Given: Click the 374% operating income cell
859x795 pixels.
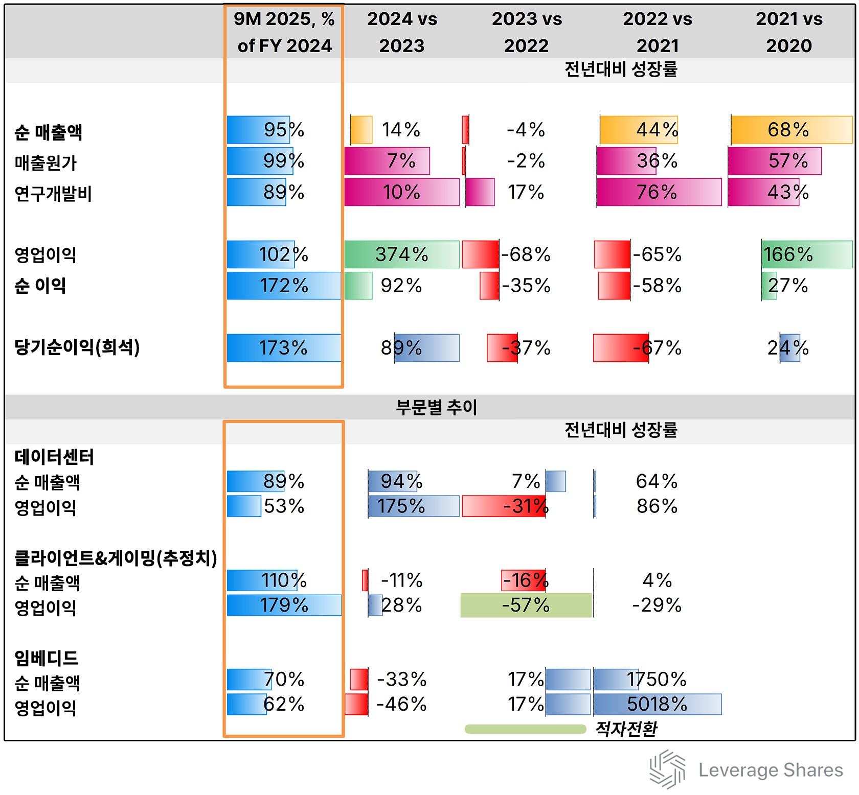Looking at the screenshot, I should pos(402,254).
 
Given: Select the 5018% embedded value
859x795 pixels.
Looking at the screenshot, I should pos(657,704).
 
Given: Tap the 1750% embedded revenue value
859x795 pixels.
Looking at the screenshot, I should pos(657,680).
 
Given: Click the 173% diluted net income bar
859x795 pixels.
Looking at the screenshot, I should pos(284,348).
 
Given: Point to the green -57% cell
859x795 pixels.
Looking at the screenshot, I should pos(526,605).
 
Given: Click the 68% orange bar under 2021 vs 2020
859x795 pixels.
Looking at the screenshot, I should pos(791,130).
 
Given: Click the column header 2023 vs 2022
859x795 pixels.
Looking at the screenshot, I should pos(526,32).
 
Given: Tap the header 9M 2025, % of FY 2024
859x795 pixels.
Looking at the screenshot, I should pos(284,32).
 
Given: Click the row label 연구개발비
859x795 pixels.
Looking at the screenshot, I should pos(53,194).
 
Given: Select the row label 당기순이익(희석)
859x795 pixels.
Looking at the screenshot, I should pos(77,347).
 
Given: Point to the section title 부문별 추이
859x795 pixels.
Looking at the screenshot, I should pos(436,407).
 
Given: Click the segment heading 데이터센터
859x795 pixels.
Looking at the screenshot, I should pos(54,457).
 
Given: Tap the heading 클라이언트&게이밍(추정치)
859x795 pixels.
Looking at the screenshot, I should pos(116,558).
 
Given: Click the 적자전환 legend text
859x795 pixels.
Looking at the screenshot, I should pos(626,729).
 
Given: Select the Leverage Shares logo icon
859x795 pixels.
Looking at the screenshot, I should pos(667,769).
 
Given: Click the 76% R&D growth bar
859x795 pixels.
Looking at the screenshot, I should pos(659,192).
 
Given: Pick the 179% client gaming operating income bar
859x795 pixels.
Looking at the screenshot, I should pos(284,605).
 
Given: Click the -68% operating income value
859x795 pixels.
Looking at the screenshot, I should pos(526,254).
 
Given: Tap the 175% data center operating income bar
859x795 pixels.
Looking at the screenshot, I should pos(413,506).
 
